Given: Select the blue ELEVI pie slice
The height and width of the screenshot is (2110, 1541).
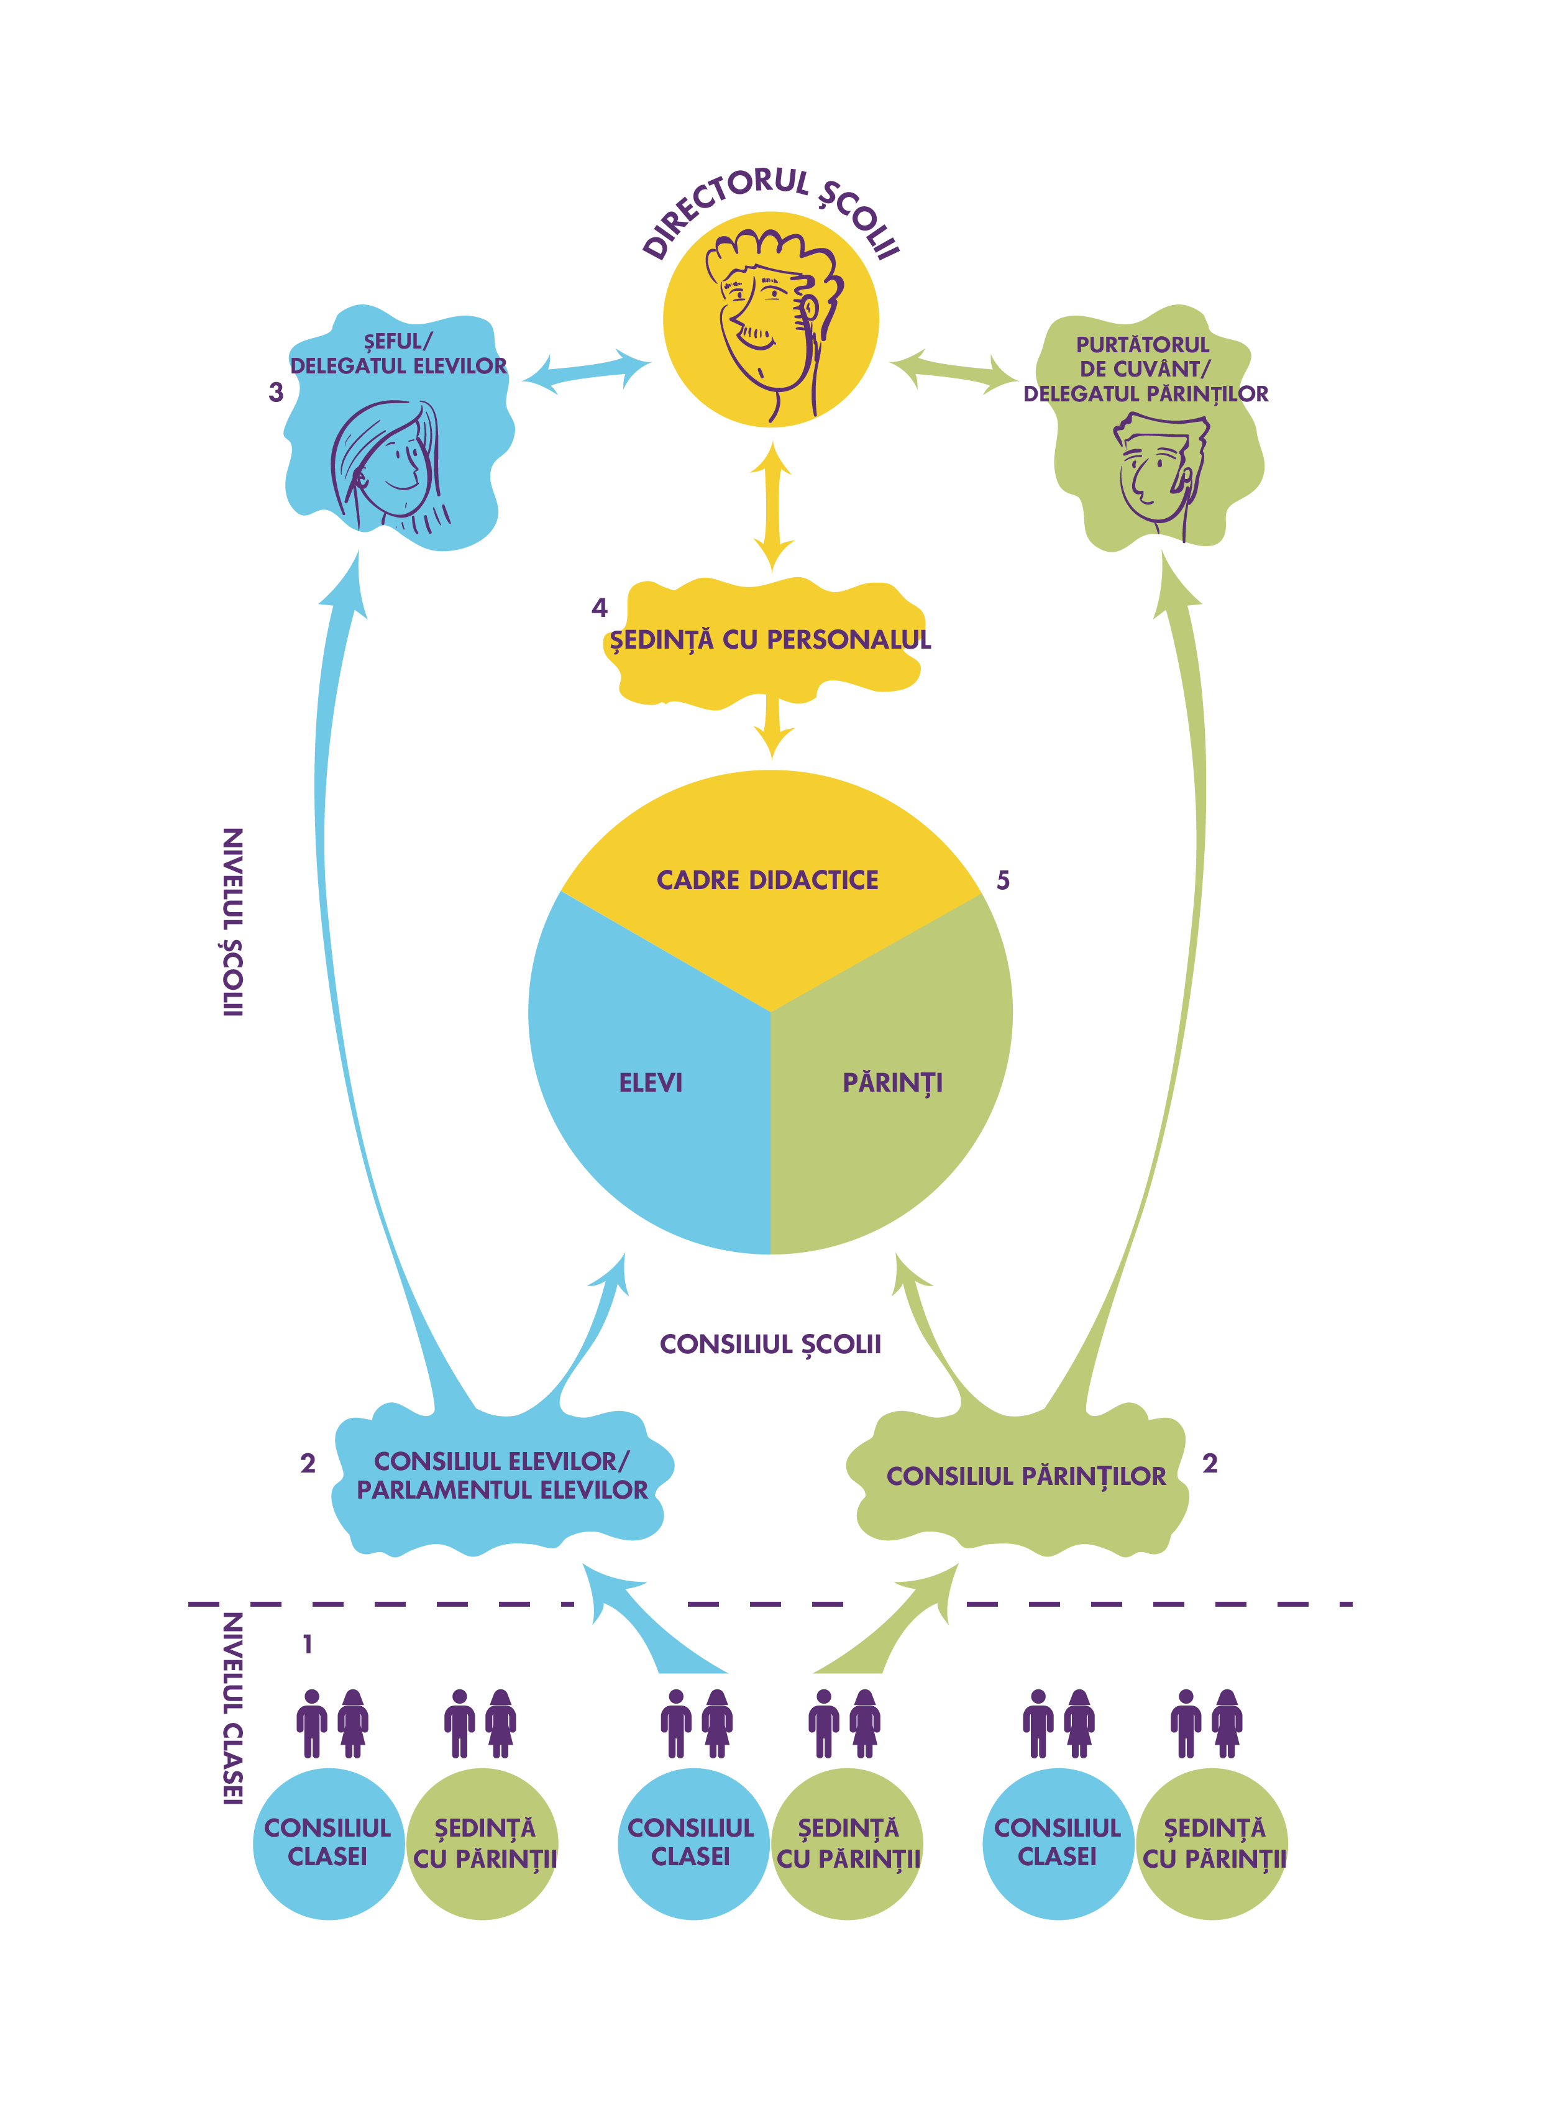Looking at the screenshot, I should pyautogui.click(x=653, y=1101).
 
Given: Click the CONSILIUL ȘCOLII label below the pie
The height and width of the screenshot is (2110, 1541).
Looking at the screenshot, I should pyautogui.click(x=769, y=1344).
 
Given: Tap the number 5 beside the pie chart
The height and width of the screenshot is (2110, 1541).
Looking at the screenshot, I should pyautogui.click(x=1003, y=880).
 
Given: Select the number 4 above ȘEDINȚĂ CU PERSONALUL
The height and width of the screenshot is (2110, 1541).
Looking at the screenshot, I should pyautogui.click(x=599, y=608).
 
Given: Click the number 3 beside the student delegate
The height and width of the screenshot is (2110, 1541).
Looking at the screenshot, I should pyautogui.click(x=276, y=393).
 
